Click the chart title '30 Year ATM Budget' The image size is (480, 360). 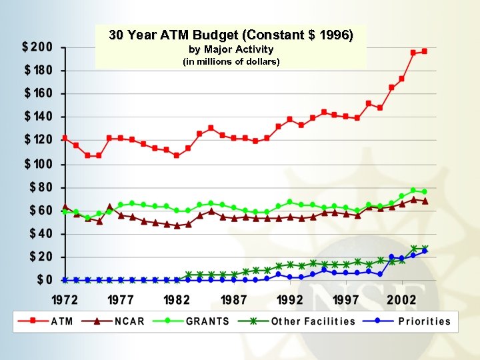[231, 35]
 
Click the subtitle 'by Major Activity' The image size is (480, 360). [231, 50]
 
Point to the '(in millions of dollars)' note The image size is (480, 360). [231, 62]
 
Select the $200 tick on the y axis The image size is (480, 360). [37, 47]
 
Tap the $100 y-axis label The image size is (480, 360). [37, 164]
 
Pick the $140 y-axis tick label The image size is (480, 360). [37, 117]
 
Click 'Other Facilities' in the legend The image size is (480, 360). [313, 321]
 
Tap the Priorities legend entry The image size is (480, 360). [424, 321]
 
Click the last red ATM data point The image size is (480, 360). [425, 51]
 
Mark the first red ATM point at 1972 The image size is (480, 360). [65, 138]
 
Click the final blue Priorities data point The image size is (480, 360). [425, 251]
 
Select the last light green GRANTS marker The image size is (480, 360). [425, 191]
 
